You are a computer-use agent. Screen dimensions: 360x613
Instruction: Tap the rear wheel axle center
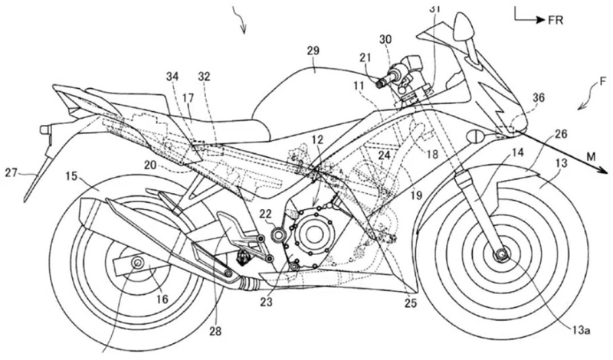coord(137,264)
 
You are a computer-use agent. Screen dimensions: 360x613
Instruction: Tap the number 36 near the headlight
coord(538,97)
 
